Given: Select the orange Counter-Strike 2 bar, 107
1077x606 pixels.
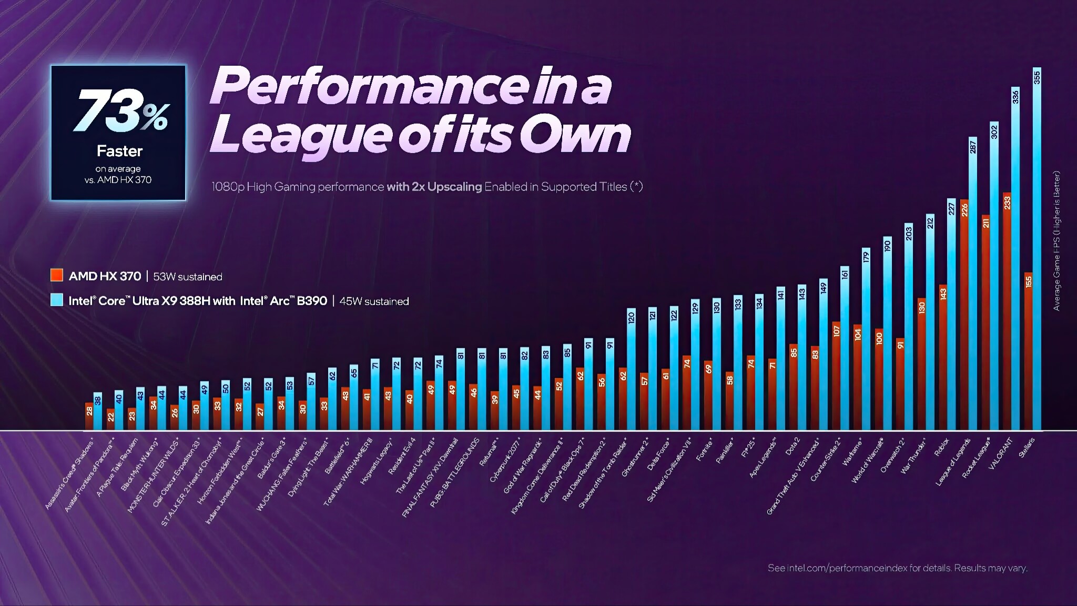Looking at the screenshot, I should tap(836, 376).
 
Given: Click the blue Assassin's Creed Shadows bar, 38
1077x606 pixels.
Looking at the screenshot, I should tap(98, 411).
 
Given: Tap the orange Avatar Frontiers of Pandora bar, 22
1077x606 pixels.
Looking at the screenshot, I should tap(110, 419).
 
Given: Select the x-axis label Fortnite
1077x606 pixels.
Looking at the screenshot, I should tap(705, 450).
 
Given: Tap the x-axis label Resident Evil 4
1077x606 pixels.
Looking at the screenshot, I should tap(402, 456).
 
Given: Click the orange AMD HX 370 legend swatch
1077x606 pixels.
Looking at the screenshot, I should tap(57, 275).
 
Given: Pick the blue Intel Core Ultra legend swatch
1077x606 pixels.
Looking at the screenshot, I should tap(57, 300).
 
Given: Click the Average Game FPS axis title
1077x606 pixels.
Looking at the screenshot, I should tap(1057, 240).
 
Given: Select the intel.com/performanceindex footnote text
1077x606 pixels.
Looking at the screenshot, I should tap(897, 568).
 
